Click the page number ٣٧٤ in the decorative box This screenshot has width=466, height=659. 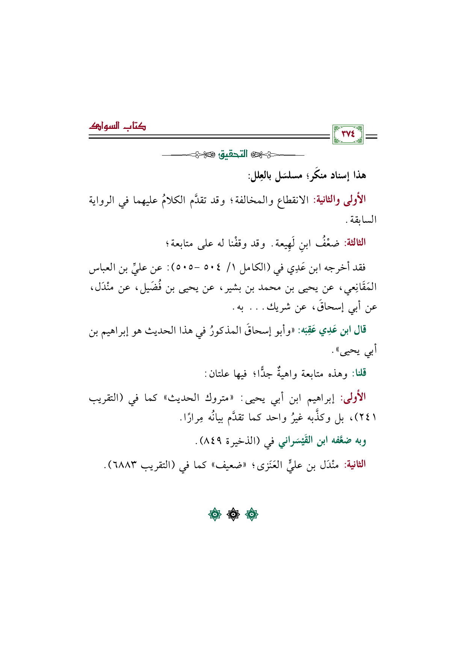(x=348, y=134)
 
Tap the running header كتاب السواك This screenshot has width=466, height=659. (x=117, y=126)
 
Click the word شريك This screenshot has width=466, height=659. (x=280, y=308)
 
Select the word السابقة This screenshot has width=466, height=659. (x=364, y=219)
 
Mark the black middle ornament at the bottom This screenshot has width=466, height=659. (x=233, y=514)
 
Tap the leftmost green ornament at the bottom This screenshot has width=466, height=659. (x=215, y=514)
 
